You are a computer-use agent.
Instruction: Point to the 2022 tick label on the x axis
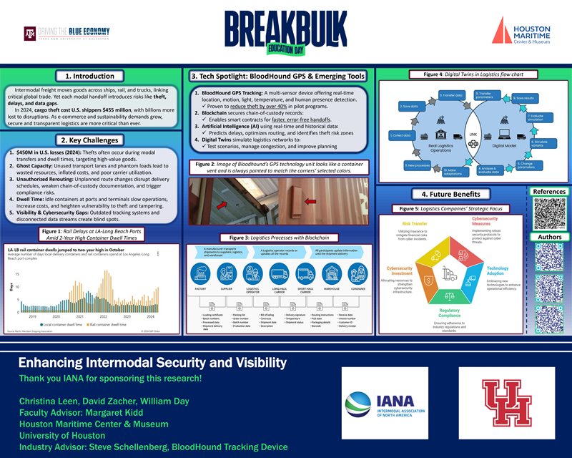coord(103,316)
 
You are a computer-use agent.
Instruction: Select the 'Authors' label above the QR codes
coord(549,237)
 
